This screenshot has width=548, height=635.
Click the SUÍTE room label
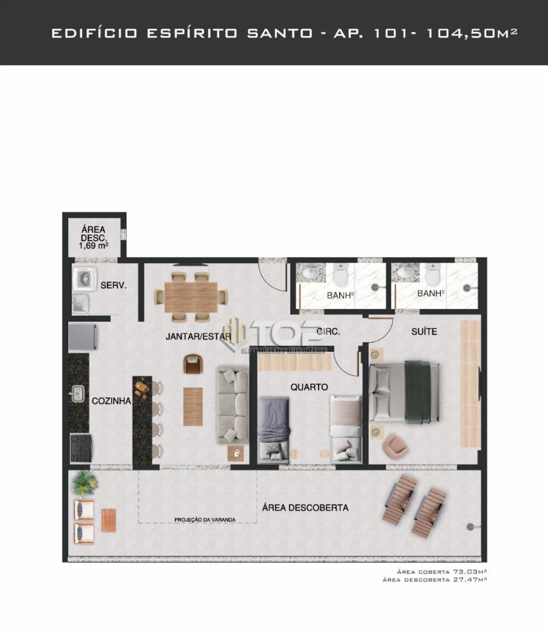coord(424,331)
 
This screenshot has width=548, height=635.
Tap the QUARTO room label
coord(309,387)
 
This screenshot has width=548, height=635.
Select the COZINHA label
coord(111,401)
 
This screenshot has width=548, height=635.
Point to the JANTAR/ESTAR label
coord(198,336)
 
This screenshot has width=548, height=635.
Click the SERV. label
coord(113,286)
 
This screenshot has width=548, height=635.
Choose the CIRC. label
coord(329,331)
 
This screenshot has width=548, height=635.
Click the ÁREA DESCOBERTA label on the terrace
coord(305,508)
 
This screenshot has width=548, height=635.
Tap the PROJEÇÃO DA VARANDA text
coord(205,520)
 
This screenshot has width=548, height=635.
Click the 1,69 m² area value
coord(94,247)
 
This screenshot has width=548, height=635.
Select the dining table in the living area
coord(191,297)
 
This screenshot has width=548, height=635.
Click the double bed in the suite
coord(404,392)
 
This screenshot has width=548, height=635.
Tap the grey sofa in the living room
coord(232,406)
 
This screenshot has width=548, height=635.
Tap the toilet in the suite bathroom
coord(432,275)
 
